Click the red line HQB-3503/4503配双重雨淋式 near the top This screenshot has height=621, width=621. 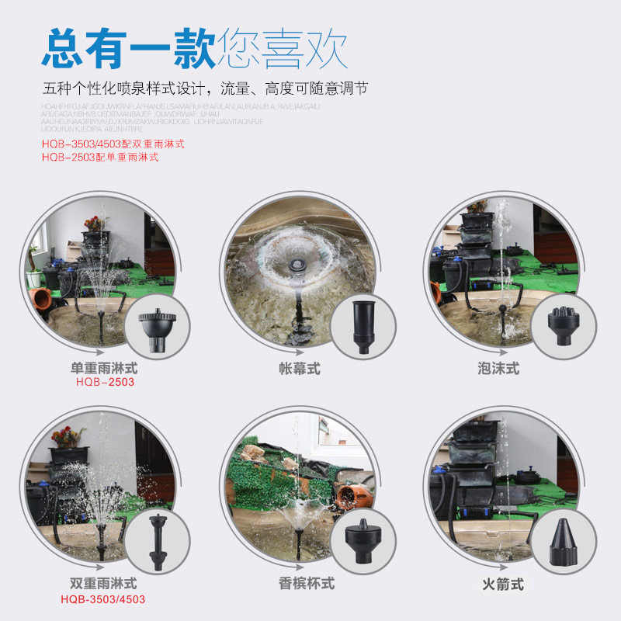click(x=113, y=144)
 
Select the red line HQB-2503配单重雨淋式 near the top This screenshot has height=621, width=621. click(x=100, y=157)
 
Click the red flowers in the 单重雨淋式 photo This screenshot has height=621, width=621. click(x=94, y=223)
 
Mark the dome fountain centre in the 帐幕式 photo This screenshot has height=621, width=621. click(x=296, y=264)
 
